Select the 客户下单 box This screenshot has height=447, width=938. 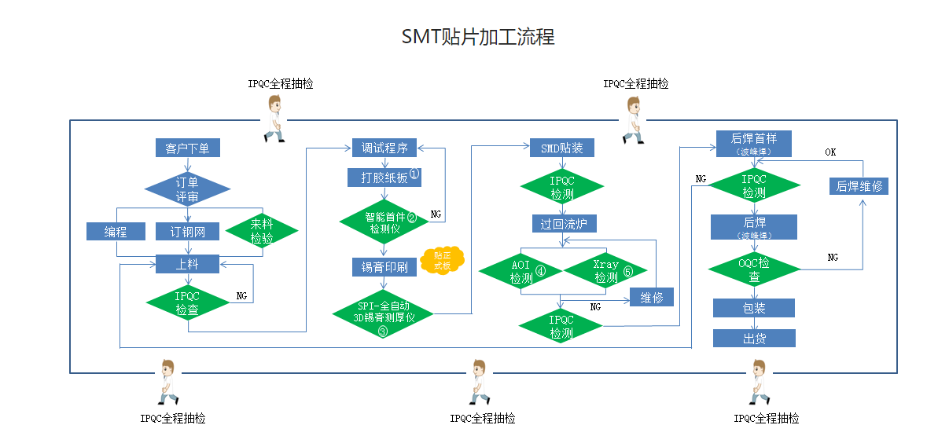(x=187, y=148)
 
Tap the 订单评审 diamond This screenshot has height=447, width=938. (x=187, y=189)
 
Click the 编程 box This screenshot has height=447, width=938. (x=116, y=231)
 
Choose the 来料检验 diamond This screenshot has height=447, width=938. (x=262, y=231)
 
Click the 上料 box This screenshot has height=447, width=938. (x=187, y=265)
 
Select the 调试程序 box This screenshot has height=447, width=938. (x=384, y=148)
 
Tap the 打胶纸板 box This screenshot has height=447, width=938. (x=384, y=178)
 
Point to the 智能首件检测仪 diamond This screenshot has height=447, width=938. (x=384, y=222)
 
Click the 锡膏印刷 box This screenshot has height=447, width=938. (x=384, y=267)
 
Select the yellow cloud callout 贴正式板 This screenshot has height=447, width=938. (x=442, y=261)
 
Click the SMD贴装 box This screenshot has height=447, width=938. (x=561, y=148)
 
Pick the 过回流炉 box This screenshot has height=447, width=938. (x=563, y=224)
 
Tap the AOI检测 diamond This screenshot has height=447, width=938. (x=522, y=272)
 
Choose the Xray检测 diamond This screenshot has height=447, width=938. (x=606, y=272)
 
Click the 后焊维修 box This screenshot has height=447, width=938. (x=859, y=186)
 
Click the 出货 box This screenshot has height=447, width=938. (x=754, y=339)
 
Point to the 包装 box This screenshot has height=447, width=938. (x=754, y=308)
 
